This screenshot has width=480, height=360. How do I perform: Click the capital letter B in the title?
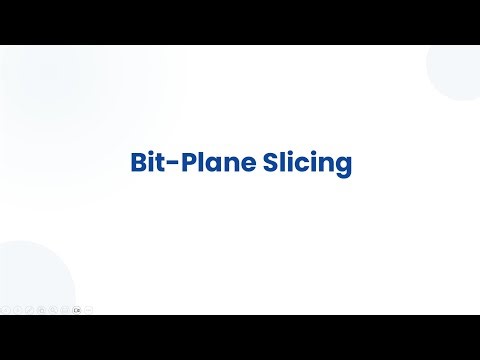[139, 163]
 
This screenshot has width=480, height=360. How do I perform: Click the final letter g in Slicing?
[343, 167]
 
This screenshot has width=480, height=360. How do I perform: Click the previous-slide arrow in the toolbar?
[5, 310]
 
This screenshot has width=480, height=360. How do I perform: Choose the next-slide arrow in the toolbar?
[17, 310]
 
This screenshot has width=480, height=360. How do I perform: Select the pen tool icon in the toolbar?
[29, 310]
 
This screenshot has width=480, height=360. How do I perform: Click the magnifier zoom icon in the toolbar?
[53, 310]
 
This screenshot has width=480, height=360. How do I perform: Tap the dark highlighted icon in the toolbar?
[77, 310]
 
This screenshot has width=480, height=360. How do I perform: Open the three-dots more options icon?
[89, 310]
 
